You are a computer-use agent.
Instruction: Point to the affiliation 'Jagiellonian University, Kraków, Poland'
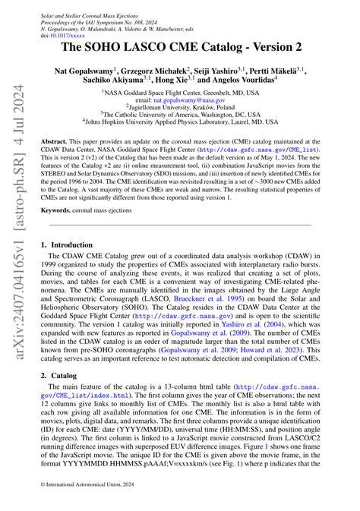(x=180, y=107)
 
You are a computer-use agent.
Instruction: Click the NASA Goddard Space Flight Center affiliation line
(x=180, y=92)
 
